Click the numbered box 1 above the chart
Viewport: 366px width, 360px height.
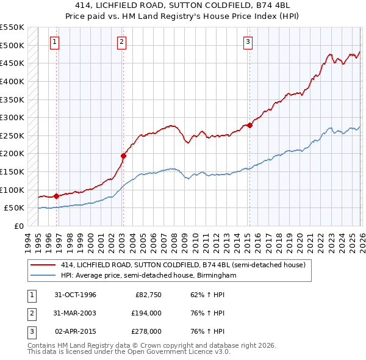[55, 42]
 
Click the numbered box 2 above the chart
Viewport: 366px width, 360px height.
[122, 42]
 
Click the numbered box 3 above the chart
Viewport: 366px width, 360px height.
[248, 42]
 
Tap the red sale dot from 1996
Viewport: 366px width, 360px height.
[56, 196]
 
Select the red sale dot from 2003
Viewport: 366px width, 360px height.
[123, 156]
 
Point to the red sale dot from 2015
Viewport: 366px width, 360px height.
[249, 126]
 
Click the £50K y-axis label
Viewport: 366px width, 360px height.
[14, 208]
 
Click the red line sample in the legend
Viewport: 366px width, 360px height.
[43, 265]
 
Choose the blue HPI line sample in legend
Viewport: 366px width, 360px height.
[43, 276]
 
